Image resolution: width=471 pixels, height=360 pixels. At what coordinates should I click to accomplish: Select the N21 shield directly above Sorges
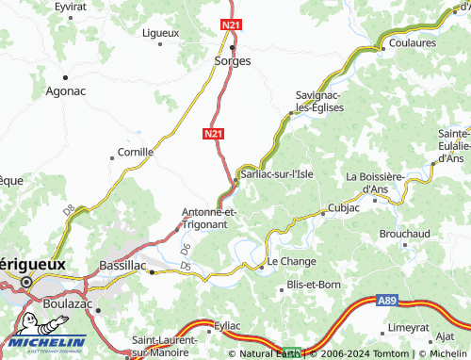[x=233, y=25]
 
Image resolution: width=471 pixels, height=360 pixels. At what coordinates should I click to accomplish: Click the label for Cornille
[x=135, y=152]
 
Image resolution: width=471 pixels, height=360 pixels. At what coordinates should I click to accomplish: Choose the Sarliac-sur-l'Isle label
[x=277, y=174]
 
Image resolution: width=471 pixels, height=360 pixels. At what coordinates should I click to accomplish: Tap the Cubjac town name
[x=345, y=207]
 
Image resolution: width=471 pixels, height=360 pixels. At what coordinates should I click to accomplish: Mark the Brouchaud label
[x=403, y=233]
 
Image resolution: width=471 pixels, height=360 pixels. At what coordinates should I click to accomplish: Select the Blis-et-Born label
[x=313, y=284]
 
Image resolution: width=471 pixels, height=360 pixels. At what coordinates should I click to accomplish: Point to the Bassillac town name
[x=122, y=266]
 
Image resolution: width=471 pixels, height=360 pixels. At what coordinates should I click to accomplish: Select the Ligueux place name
[x=159, y=32]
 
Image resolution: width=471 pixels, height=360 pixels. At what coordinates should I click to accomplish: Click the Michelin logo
[x=43, y=341]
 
